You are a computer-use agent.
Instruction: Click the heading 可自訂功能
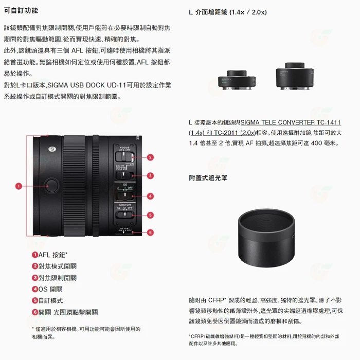coord(21,10)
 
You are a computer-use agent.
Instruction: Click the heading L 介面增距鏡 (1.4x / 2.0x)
coord(227,12)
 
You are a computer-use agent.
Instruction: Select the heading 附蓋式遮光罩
coord(208,178)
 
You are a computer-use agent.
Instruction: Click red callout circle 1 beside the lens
coord(18,186)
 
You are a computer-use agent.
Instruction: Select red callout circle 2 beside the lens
coord(150,157)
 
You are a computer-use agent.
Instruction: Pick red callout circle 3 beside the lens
coord(150,176)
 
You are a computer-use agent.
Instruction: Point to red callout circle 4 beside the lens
coord(150,196)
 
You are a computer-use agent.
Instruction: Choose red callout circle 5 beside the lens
coord(150,215)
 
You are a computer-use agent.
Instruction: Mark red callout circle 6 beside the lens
coord(150,232)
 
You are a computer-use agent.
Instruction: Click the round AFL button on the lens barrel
coord(52,184)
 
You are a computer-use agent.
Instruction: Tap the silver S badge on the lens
coord(52,149)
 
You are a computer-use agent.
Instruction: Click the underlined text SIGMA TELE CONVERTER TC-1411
coord(291,122)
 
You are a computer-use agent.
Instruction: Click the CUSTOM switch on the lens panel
coord(125,214)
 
